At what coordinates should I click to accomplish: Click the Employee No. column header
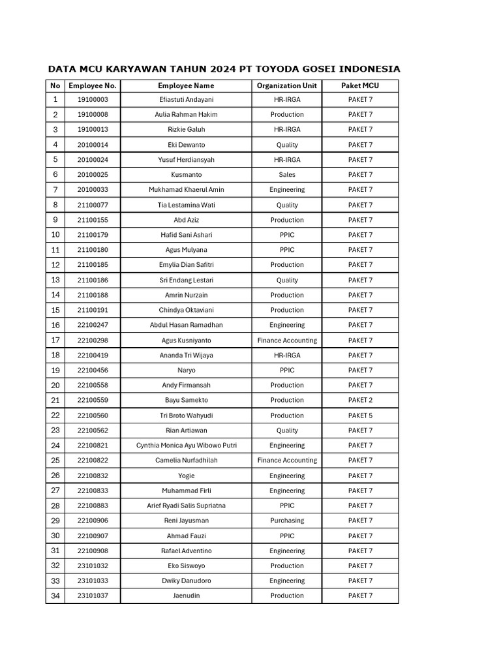click(x=93, y=85)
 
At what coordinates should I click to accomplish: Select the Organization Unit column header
click(x=286, y=85)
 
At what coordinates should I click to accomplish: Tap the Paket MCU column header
click(x=360, y=85)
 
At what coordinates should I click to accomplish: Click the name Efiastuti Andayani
click(x=186, y=100)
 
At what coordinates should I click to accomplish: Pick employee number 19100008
click(x=93, y=115)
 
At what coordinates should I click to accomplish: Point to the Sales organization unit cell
click(x=286, y=175)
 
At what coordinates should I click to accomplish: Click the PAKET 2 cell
click(x=360, y=400)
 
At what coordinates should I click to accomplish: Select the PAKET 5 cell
click(x=360, y=416)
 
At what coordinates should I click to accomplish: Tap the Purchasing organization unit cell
click(x=286, y=521)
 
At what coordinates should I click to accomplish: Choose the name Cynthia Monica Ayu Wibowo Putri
click(x=186, y=446)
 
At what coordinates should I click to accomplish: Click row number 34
click(x=55, y=596)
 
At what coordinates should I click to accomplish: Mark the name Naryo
click(x=186, y=370)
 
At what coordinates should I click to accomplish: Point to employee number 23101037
click(x=93, y=596)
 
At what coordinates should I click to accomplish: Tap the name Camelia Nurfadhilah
click(x=186, y=461)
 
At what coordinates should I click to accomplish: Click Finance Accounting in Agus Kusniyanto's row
click(x=286, y=341)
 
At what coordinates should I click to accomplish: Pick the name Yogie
click(x=186, y=476)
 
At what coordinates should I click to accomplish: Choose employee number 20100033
click(x=93, y=190)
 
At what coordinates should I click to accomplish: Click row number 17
click(x=55, y=341)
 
